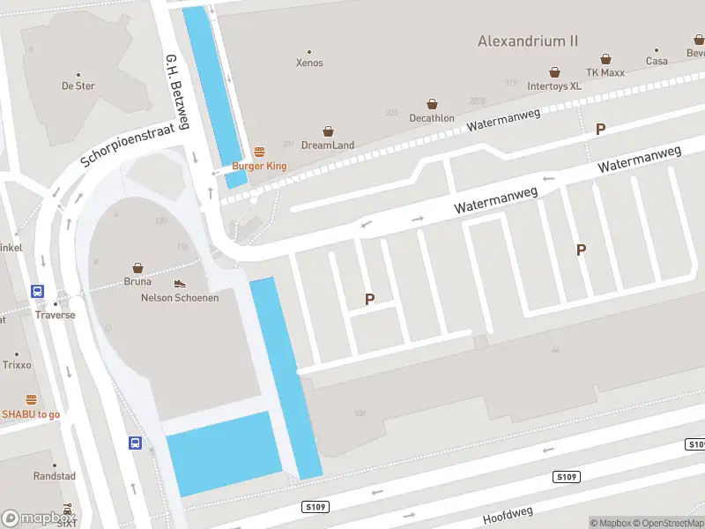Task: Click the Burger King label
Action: pos(260,166)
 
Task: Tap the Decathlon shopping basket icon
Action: pos(432,104)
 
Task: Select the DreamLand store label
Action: pos(328,145)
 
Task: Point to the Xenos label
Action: pos(309,63)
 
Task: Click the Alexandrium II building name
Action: pos(528,41)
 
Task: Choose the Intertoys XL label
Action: pos(554,86)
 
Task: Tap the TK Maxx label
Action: pos(605,72)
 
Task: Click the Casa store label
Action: pos(657,61)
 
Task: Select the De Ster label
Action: pos(78,86)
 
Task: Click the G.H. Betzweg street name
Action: pos(177,92)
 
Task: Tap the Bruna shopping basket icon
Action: pos(137,267)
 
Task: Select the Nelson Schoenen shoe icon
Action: pos(180,283)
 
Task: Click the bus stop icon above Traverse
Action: pos(38,291)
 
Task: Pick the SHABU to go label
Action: pos(31,414)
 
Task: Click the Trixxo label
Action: pos(17,365)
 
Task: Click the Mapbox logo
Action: pos(37,518)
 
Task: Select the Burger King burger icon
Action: pos(260,152)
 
